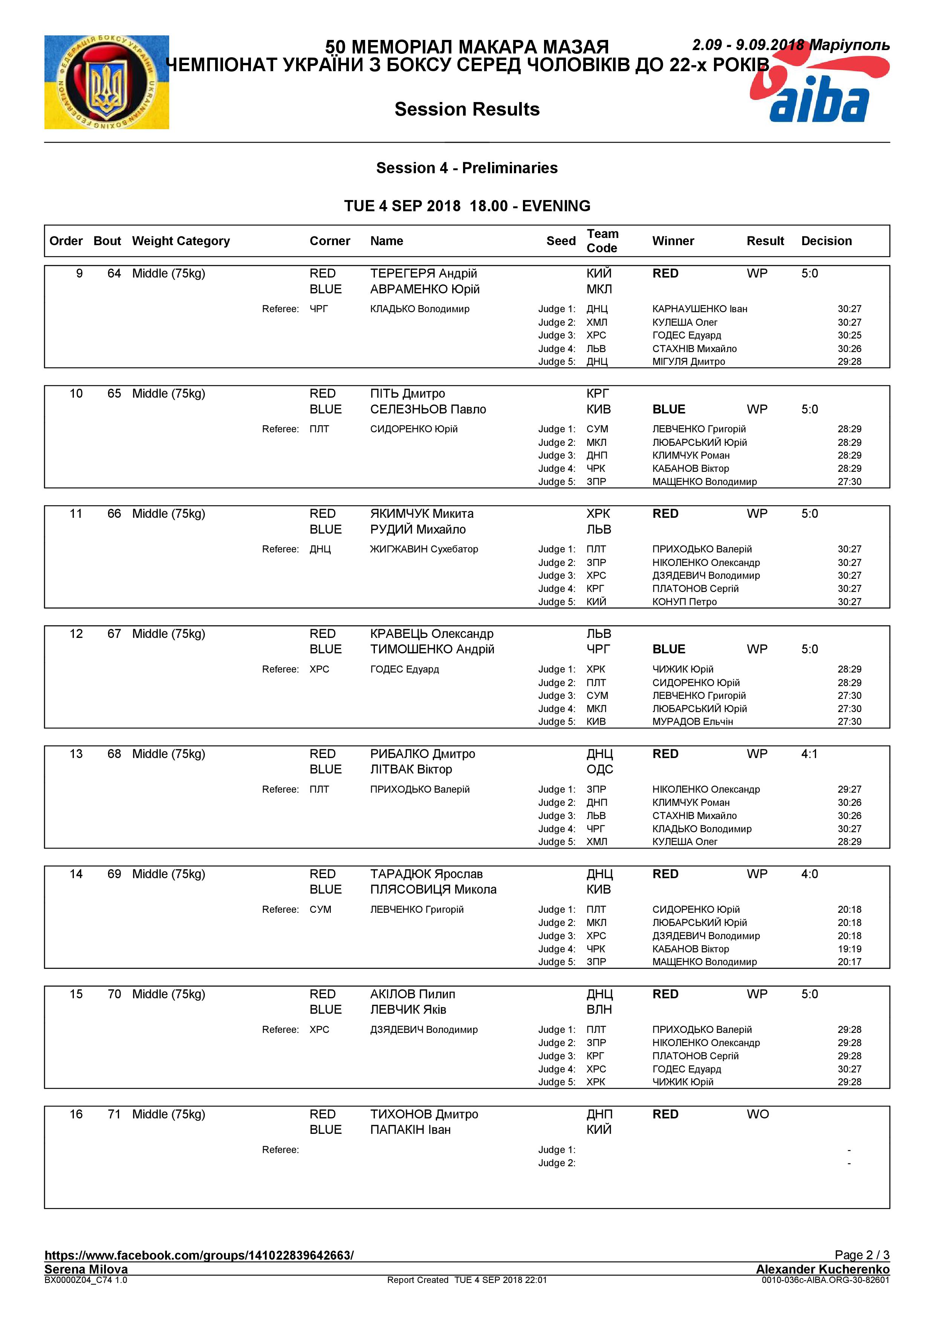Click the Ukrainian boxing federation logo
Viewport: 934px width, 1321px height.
point(107,82)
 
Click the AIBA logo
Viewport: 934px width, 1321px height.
point(819,86)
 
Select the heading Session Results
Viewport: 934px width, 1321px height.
point(467,109)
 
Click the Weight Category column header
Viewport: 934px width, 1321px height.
point(181,241)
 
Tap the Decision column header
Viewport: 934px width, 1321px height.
point(826,241)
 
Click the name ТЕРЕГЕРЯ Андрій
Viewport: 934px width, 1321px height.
point(423,273)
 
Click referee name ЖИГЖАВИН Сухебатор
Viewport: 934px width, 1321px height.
point(424,549)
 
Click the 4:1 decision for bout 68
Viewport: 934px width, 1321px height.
point(809,754)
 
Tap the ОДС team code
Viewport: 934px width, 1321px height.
point(600,769)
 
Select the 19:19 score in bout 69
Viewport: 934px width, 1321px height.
point(849,949)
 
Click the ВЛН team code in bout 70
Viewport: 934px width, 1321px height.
point(599,1009)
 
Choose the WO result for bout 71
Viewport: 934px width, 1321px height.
point(757,1114)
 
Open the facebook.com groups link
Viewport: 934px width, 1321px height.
point(199,1255)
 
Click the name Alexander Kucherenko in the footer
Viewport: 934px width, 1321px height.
point(822,1269)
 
